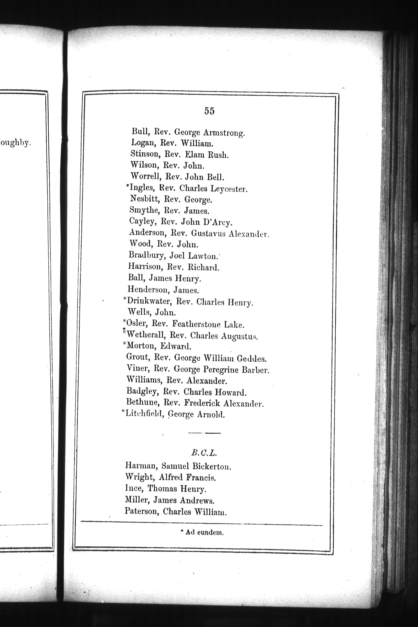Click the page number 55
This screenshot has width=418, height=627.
(209, 111)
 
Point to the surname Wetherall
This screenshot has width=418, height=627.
(145, 335)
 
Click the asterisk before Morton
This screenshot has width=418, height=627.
(125, 344)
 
